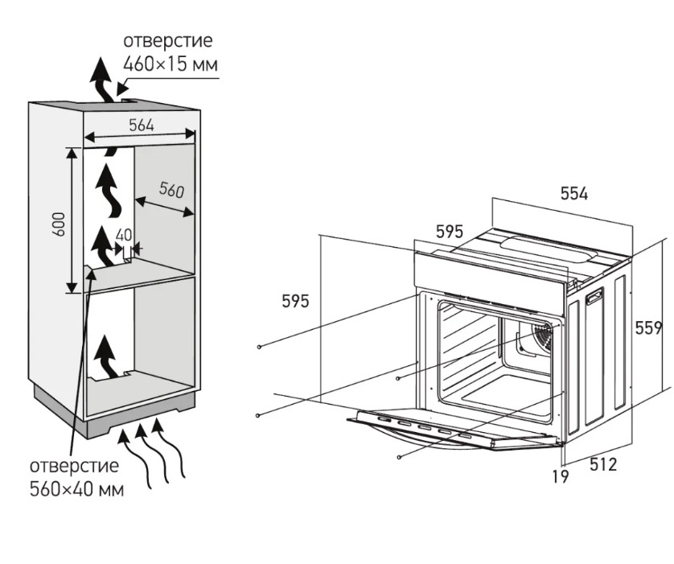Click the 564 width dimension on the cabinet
coord(141,125)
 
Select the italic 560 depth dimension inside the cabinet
coord(171,190)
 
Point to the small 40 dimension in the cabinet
coord(123,235)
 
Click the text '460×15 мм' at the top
coord(170,64)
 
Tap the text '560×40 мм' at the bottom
coord(76,489)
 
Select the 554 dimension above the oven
coord(573,193)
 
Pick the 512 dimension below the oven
coord(603,464)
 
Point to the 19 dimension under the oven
coord(560,477)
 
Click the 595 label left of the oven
coord(295,302)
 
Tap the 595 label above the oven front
coord(450,232)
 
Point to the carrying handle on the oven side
coord(595,298)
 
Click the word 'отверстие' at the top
coord(169,41)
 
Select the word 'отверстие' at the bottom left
coord(74,466)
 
